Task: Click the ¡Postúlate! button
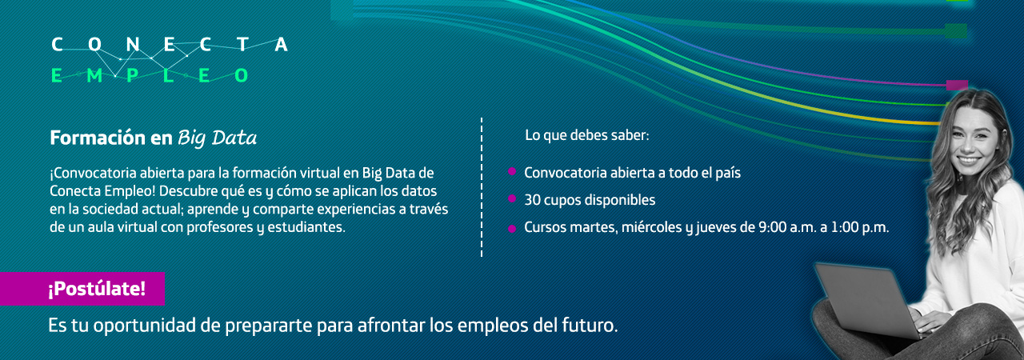coord(82,289)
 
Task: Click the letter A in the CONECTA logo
coord(281,44)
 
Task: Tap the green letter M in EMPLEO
coord(94,75)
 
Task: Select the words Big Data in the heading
coord(217,138)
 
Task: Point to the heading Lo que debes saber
coord(587,135)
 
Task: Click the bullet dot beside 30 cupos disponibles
coord(512,198)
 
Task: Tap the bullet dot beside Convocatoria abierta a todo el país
coord(512,171)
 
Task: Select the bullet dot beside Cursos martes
coord(512,229)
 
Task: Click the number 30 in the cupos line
coord(533,200)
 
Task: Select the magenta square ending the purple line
coord(957,86)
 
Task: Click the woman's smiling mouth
coord(969,160)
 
